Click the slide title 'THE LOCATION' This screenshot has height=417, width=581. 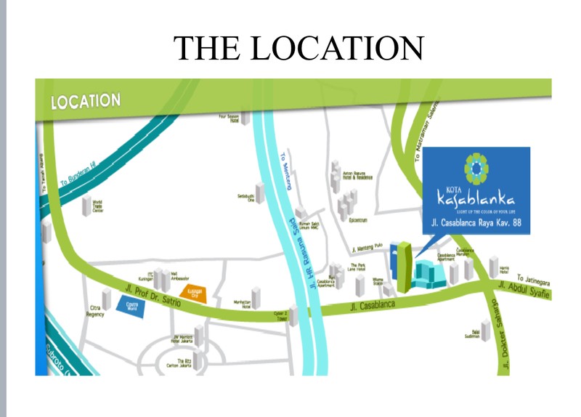coord(298,47)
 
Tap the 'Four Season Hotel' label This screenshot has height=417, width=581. coord(229,118)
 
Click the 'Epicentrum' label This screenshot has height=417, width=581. coord(357,219)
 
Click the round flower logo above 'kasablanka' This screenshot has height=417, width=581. coord(476,169)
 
